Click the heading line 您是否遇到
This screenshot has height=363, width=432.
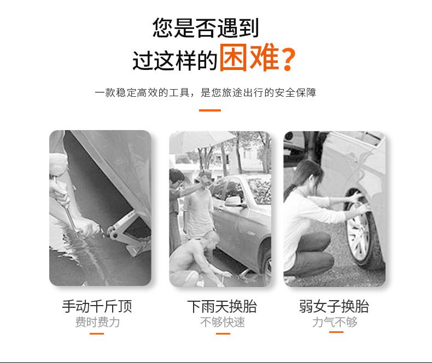click(205, 27)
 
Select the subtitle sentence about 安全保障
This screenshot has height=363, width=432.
click(205, 92)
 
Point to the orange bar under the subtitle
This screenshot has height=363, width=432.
click(210, 110)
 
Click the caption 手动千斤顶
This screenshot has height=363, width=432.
click(97, 307)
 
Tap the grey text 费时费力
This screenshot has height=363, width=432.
click(97, 322)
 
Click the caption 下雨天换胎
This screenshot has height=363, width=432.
click(222, 307)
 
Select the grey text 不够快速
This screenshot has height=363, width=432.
click(223, 322)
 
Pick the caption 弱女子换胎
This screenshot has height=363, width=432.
click(334, 307)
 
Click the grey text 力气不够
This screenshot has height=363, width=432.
click(335, 322)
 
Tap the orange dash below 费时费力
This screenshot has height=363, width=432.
click(97, 333)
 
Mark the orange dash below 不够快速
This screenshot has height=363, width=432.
click(223, 333)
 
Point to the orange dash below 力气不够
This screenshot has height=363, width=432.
click(336, 332)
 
